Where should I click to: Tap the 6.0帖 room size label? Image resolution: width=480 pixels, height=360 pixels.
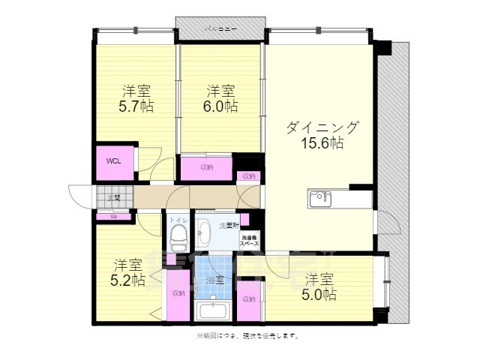click(x=221, y=106)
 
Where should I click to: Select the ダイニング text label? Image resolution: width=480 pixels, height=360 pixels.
click(x=322, y=127)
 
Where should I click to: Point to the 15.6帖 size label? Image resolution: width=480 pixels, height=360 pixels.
click(x=322, y=142)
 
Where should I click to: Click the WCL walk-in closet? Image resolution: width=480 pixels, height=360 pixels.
click(x=114, y=161)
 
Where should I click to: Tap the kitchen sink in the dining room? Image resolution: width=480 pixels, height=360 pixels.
click(x=320, y=198)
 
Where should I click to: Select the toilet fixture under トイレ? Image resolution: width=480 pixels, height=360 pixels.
click(x=178, y=238)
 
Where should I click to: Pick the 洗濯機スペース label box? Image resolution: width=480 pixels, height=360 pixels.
click(x=249, y=240)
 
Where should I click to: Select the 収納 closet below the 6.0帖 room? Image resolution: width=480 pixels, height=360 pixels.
click(x=206, y=167)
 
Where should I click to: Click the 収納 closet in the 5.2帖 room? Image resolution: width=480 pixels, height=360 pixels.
click(x=177, y=294)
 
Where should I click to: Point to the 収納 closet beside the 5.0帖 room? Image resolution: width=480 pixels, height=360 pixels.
click(x=249, y=298)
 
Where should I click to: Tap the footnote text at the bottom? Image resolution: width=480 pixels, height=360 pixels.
click(x=247, y=335)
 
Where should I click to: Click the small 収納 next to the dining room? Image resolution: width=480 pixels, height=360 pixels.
click(x=248, y=176)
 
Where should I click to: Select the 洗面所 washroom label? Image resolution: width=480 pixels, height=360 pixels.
click(x=228, y=225)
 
